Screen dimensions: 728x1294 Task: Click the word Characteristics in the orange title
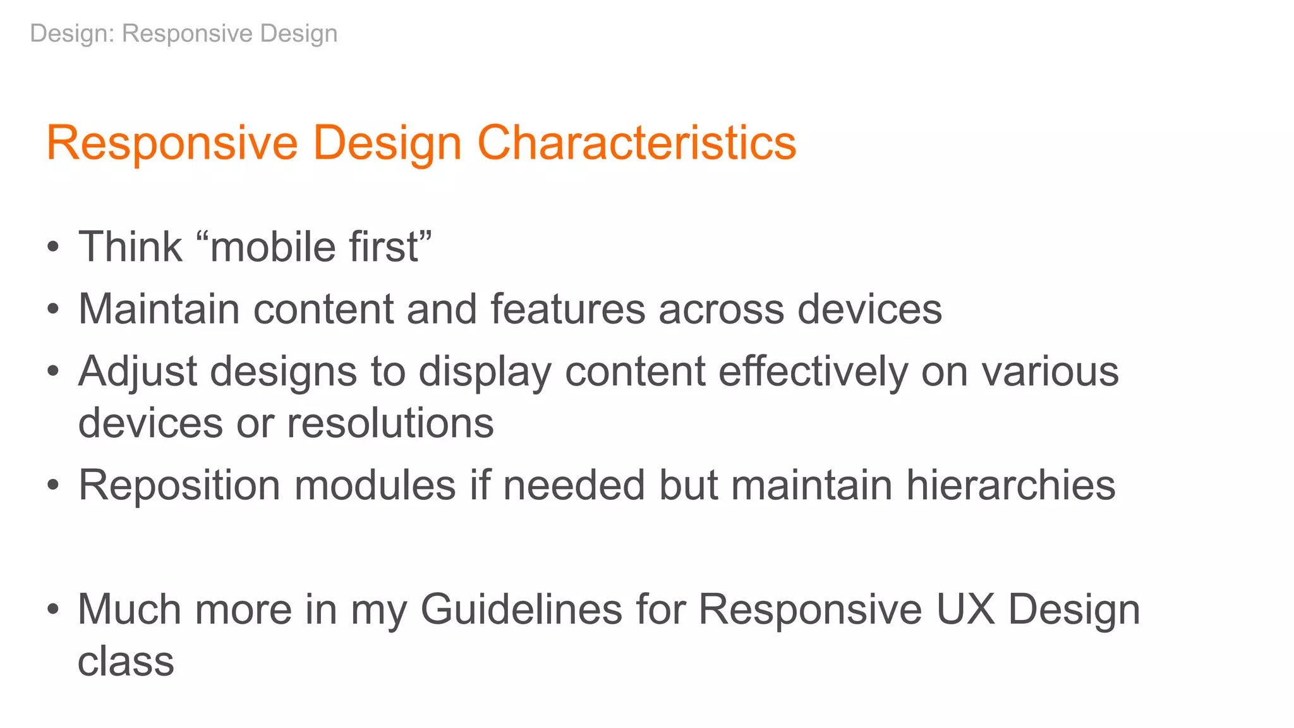tap(636, 143)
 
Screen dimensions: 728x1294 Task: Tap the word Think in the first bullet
tap(130, 246)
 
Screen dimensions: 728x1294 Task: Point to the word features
tap(568, 309)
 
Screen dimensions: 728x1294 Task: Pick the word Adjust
tap(137, 372)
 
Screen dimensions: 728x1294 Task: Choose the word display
tap(485, 372)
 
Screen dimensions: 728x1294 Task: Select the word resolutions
tap(390, 423)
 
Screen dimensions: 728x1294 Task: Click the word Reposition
tap(179, 485)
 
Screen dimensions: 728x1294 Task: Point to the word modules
tap(375, 485)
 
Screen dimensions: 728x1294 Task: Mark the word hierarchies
tap(1010, 485)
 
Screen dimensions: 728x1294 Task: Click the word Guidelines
tap(521, 609)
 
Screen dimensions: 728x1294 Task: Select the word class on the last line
tap(126, 661)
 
